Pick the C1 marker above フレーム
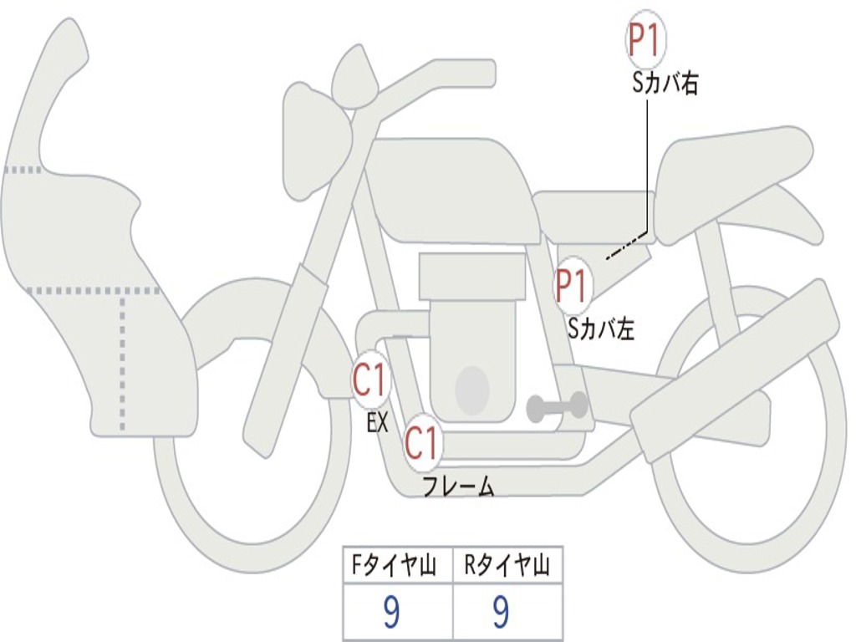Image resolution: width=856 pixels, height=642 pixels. pyautogui.click(x=422, y=443)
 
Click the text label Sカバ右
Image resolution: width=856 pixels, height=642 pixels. pyautogui.click(x=665, y=84)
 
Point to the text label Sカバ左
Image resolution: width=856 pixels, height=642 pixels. pyautogui.click(x=601, y=329)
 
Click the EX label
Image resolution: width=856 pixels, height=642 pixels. pyautogui.click(x=378, y=423)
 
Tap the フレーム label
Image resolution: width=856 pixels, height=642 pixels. pyautogui.click(x=457, y=487)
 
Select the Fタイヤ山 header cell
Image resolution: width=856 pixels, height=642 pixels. pyautogui.click(x=397, y=567)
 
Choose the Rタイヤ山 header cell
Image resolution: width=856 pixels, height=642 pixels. pyautogui.click(x=507, y=567)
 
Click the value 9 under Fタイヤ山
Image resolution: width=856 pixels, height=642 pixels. pyautogui.click(x=391, y=613)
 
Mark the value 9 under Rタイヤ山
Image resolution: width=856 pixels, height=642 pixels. pyautogui.click(x=501, y=613)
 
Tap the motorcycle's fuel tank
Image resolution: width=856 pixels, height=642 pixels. pyautogui.click(x=452, y=188)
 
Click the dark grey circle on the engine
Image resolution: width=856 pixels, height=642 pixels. pyautogui.click(x=471, y=388)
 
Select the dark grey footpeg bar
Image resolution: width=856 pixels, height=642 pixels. pyautogui.click(x=557, y=407)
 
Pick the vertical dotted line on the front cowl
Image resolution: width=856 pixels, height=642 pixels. pyautogui.click(x=124, y=359)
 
